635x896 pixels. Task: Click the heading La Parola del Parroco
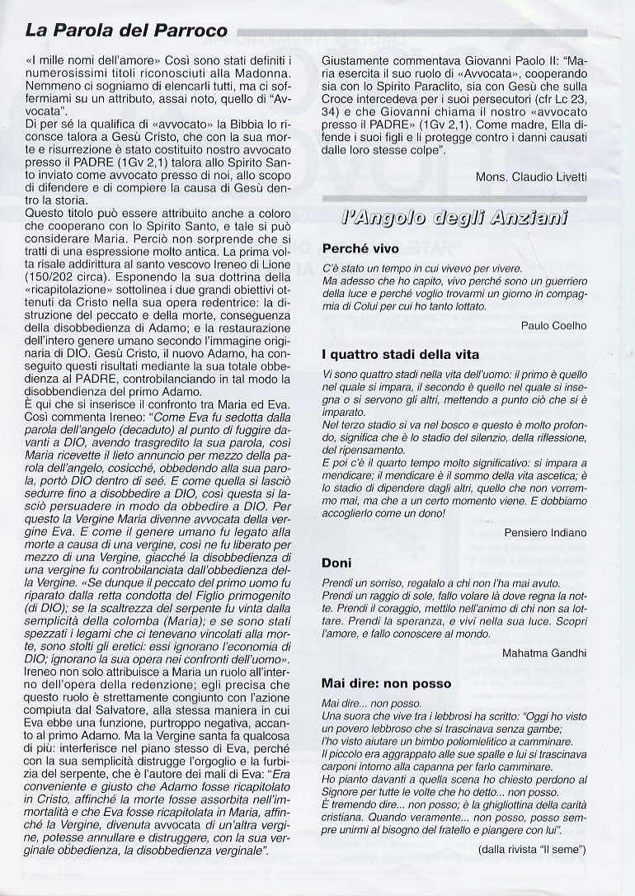[126, 31]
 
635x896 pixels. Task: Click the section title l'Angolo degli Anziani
[454, 219]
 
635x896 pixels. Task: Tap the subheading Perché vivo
[360, 248]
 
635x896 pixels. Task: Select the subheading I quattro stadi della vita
[400, 355]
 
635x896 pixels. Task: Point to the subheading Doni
[336, 563]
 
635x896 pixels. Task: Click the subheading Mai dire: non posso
[386, 683]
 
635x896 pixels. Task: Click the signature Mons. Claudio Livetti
[531, 177]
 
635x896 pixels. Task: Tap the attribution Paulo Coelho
[553, 325]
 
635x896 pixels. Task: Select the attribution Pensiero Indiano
[545, 532]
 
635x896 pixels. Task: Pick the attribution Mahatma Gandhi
[544, 653]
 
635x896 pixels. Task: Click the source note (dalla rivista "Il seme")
[531, 849]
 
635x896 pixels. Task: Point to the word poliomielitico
[453, 741]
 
